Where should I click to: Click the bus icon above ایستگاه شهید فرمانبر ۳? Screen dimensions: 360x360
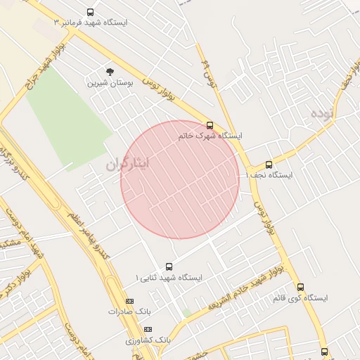click(90, 12)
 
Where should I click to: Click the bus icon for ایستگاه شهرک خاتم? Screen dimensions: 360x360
click(210, 124)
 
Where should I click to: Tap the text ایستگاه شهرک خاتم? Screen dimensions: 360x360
click(210, 135)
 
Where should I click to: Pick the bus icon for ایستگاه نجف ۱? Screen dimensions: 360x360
click(269, 165)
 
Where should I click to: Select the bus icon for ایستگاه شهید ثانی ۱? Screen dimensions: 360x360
click(169, 266)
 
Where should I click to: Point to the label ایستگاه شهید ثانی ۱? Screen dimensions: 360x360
click(168, 277)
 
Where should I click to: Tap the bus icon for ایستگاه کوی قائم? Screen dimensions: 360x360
click(300, 287)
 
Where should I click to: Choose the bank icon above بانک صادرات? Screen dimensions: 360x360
click(129, 301)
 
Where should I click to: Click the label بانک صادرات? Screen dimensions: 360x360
click(129, 311)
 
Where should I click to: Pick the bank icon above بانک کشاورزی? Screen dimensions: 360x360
click(147, 329)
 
